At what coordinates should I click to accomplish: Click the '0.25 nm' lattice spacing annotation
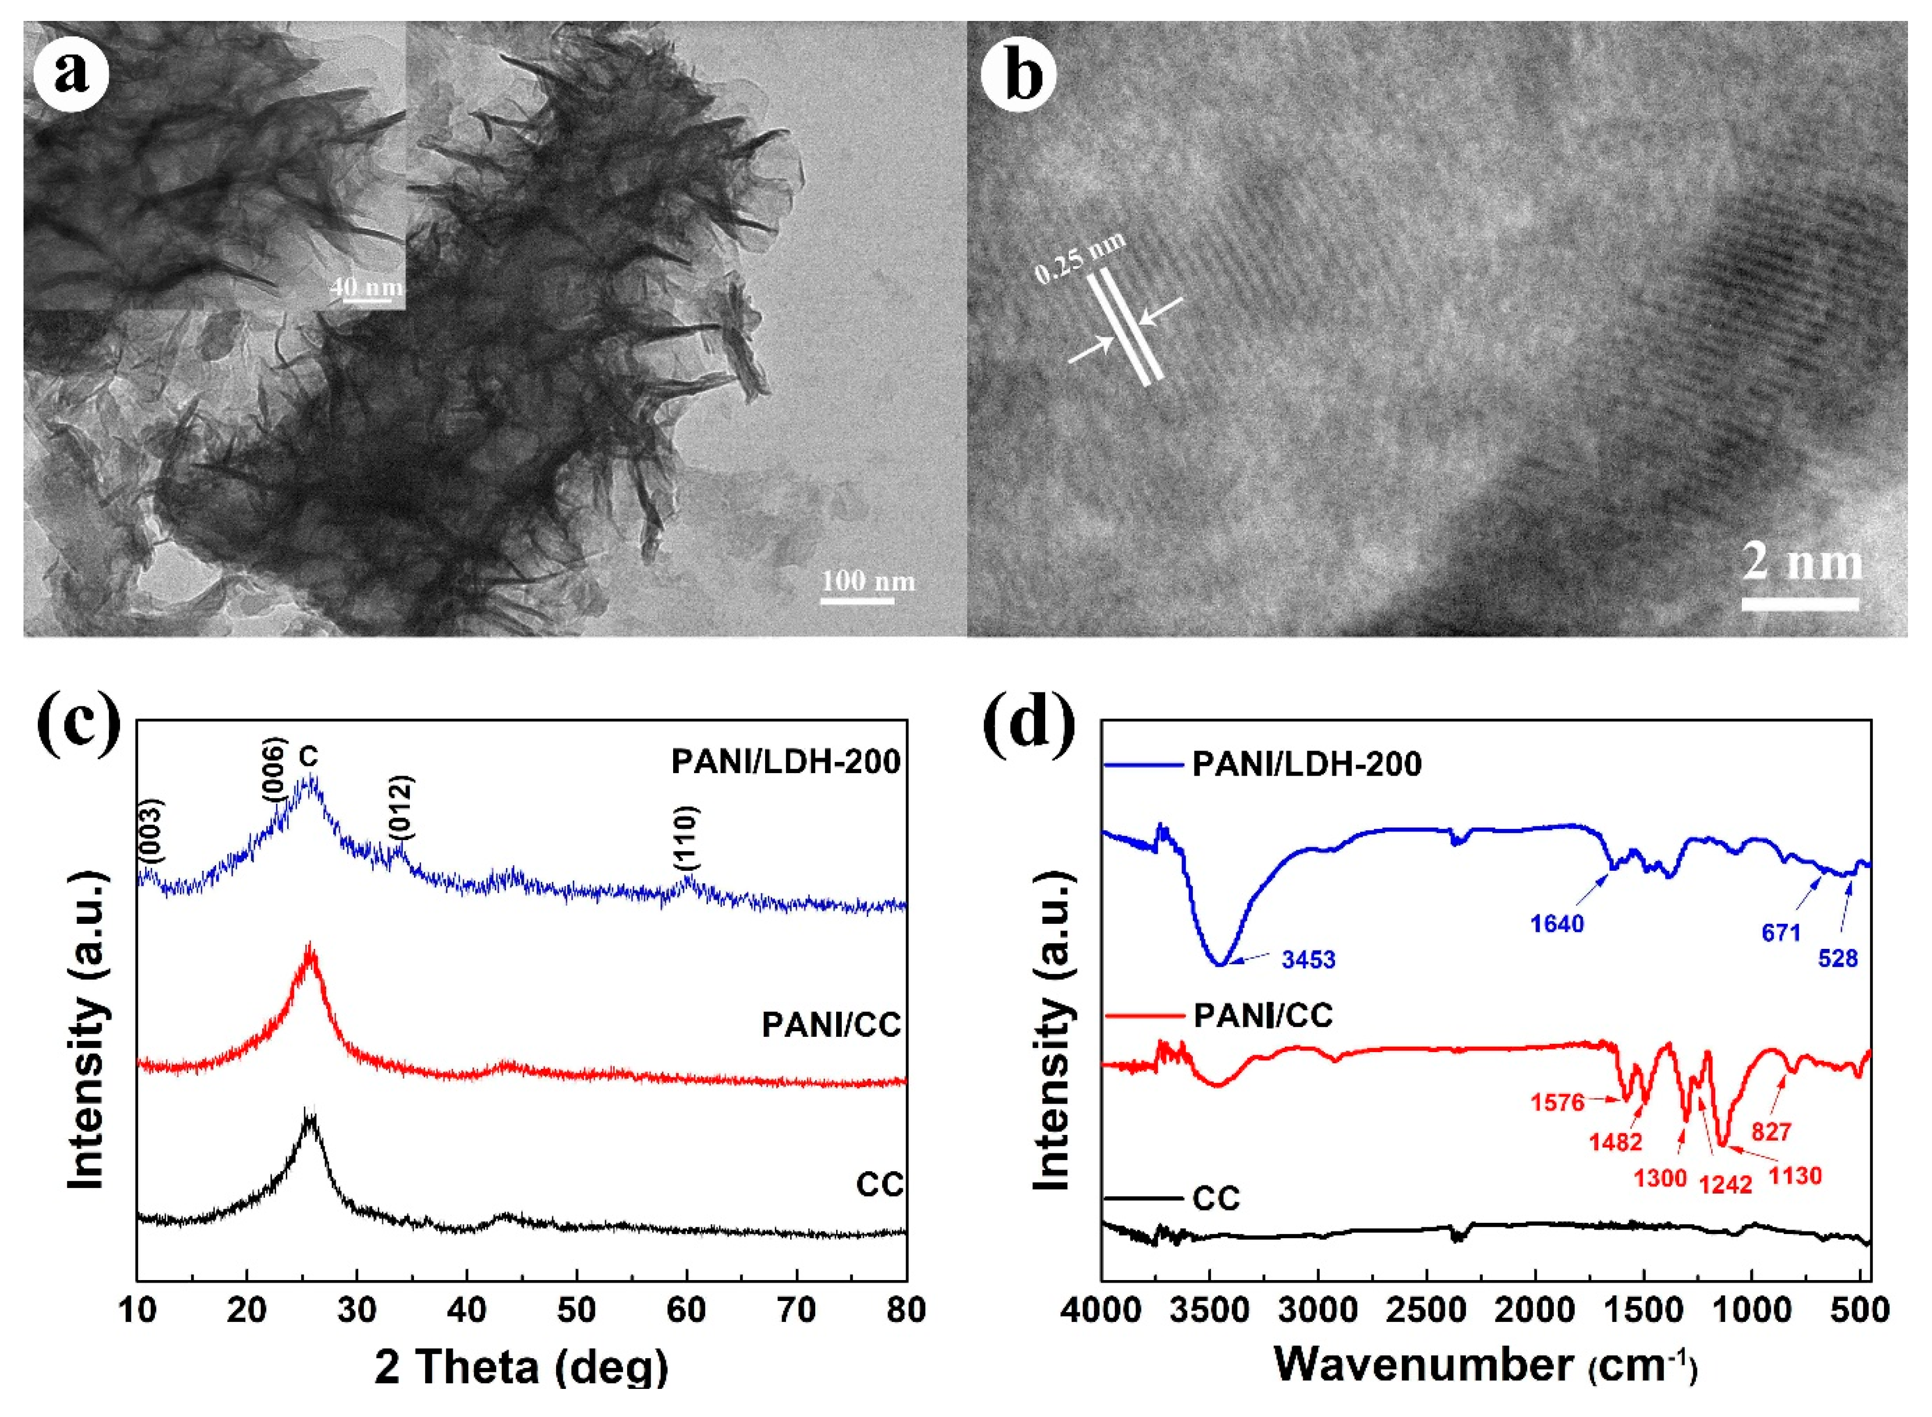pyautogui.click(x=1080, y=258)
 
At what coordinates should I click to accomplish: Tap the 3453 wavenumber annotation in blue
pyautogui.click(x=1308, y=959)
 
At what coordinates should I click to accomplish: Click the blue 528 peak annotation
pyautogui.click(x=1837, y=958)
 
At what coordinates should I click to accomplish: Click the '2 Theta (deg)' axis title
pyautogui.click(x=521, y=1365)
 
